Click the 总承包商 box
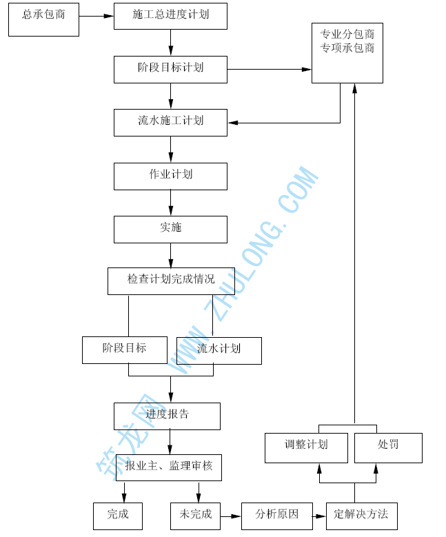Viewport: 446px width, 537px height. click(43, 19)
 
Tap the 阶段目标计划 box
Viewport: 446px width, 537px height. click(170, 69)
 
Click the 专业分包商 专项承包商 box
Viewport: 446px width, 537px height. click(347, 52)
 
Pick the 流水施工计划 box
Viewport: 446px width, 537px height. click(170, 122)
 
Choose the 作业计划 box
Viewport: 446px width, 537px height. click(170, 176)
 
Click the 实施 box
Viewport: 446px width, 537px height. click(170, 229)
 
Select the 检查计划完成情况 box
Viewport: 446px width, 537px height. click(171, 281)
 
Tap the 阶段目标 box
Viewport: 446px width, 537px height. click(124, 350)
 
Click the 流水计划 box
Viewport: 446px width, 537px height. click(219, 350)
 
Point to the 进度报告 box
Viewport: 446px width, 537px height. click(167, 416)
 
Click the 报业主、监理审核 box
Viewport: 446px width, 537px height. click(169, 467)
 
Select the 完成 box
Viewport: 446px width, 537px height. click(117, 516)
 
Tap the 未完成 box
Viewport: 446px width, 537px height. click(195, 516)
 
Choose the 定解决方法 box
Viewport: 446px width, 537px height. click(361, 516)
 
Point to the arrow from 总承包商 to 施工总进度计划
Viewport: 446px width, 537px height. click(96, 16)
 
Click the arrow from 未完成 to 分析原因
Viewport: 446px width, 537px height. click(230, 516)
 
